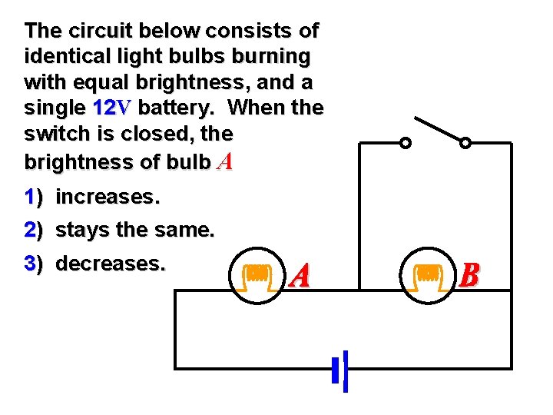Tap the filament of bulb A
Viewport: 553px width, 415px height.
pos(257,273)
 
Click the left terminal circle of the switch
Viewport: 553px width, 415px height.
pos(406,143)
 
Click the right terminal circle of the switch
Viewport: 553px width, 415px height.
pos(465,143)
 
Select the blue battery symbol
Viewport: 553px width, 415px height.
pos(342,370)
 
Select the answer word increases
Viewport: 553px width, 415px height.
pos(108,197)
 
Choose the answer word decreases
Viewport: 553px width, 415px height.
pos(111,264)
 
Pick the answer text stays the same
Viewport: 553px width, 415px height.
pos(136,230)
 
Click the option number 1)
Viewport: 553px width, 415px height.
pos(34,198)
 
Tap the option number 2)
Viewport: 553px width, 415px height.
pos(34,231)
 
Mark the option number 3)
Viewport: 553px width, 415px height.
pos(34,264)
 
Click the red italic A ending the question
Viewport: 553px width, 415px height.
pos(224,162)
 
